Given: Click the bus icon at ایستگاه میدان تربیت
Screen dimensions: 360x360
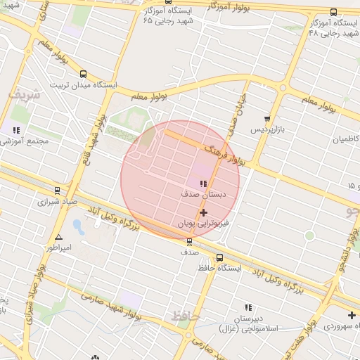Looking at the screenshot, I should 84,74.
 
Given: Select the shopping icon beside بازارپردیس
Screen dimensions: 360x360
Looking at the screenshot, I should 266,119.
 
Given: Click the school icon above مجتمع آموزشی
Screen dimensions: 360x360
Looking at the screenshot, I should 15,130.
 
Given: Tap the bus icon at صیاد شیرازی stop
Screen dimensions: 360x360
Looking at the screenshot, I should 57,190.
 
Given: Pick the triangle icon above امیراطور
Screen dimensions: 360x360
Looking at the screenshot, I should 58,238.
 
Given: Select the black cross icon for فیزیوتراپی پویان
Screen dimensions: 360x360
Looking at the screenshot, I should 204,212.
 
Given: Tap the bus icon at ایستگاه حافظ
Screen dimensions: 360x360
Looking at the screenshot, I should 220,257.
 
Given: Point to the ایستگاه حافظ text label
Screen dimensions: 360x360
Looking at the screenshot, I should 220,268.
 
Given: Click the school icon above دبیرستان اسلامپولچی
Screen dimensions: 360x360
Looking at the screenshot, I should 247,307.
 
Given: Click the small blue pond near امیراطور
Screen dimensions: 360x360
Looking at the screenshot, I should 78,227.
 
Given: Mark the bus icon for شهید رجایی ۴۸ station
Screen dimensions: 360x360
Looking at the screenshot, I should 333,11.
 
